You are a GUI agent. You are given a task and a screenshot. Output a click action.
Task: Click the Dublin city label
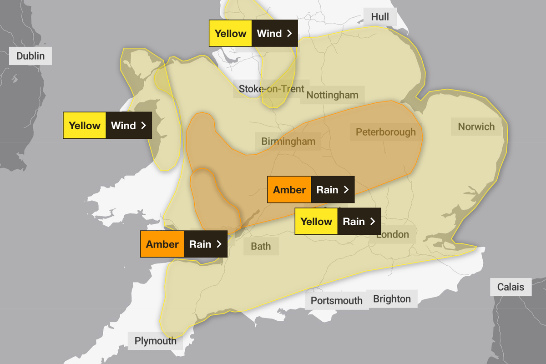click(x=30, y=56)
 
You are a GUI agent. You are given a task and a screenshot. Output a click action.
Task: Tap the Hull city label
click(x=380, y=17)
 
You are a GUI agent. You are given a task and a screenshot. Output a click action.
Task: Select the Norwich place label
click(x=476, y=126)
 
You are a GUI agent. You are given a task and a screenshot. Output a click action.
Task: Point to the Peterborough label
click(x=385, y=132)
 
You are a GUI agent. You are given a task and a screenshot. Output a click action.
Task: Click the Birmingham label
click(x=288, y=142)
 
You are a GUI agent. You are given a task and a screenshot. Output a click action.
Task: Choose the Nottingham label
click(x=332, y=95)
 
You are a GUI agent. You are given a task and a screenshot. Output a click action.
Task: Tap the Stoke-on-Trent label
click(x=271, y=89)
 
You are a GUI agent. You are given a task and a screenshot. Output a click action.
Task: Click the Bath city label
click(x=261, y=246)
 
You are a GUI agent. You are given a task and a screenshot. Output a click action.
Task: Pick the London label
click(x=392, y=235)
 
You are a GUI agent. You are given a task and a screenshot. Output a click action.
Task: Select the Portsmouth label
click(x=336, y=300)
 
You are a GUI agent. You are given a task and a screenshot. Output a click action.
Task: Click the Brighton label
click(x=392, y=299)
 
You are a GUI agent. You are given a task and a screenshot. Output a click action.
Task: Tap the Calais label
click(x=511, y=288)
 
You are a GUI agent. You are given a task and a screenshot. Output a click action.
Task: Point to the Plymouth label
click(x=155, y=341)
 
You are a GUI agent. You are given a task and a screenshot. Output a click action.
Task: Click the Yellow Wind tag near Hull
click(x=253, y=33)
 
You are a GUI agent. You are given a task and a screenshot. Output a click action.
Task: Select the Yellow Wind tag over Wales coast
click(x=107, y=126)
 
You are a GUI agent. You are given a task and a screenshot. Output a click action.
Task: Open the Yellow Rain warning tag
click(x=338, y=222)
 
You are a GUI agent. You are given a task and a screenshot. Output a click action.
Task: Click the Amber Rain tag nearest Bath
click(x=183, y=244)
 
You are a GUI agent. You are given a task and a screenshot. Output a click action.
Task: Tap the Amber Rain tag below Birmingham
click(x=311, y=189)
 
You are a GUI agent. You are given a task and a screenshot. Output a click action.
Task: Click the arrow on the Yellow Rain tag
click(x=373, y=222)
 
